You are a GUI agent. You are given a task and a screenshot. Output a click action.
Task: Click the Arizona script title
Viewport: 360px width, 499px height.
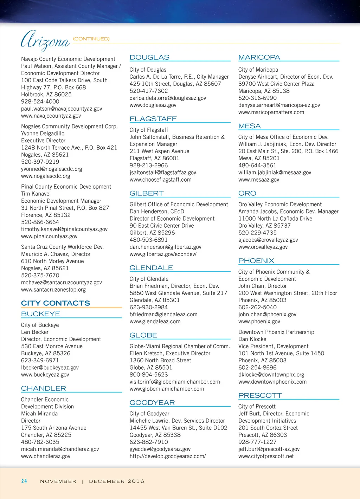click(x=45, y=40)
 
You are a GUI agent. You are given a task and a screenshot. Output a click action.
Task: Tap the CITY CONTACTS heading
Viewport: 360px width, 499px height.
click(x=55, y=303)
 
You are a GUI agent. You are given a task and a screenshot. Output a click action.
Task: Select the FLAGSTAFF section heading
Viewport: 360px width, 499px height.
click(x=153, y=119)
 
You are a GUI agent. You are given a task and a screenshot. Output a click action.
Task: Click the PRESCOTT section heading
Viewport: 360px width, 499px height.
click(x=260, y=396)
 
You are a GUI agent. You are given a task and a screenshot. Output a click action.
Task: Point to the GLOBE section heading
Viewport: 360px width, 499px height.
click(x=143, y=335)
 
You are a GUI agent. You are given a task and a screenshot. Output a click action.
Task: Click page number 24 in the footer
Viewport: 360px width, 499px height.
click(x=24, y=481)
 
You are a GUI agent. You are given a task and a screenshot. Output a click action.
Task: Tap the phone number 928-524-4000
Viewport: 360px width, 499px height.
click(x=40, y=102)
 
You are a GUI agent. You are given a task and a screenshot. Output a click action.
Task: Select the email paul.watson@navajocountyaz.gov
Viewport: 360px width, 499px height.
click(x=62, y=109)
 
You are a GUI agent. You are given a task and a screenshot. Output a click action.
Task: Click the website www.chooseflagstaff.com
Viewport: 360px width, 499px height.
click(x=160, y=180)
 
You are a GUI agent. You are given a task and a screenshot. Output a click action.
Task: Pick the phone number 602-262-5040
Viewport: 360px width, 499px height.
click(x=257, y=307)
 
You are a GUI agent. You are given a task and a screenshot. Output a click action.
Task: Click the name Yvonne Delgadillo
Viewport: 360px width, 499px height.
click(x=43, y=134)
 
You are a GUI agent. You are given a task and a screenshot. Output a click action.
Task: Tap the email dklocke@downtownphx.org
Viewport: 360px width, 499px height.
click(x=271, y=375)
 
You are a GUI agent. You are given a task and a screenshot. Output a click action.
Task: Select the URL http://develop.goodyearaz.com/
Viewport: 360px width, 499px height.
click(x=167, y=456)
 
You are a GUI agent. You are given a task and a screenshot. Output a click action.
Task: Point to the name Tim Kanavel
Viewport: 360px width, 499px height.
click(x=36, y=194)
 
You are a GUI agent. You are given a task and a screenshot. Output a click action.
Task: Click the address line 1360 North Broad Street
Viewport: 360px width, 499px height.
click(x=160, y=361)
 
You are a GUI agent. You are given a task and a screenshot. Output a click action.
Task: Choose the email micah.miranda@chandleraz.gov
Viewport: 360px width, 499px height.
click(x=60, y=449)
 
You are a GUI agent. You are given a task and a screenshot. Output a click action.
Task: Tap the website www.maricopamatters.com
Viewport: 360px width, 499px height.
click(x=271, y=112)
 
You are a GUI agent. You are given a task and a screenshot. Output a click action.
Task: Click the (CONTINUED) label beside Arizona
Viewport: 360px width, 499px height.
click(x=91, y=39)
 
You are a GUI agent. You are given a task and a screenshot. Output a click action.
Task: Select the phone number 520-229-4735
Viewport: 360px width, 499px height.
click(x=257, y=233)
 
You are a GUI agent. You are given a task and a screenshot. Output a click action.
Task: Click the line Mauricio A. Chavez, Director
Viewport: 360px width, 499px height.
click(x=56, y=254)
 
